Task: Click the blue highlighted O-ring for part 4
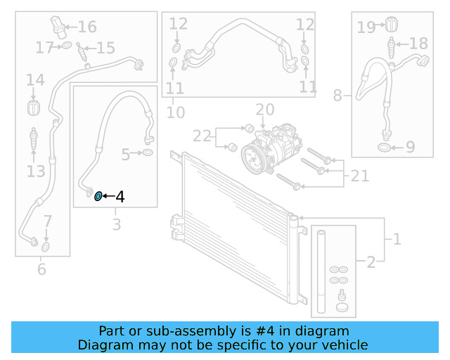pos(98,196)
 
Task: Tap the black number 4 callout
pos(120,197)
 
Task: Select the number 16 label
pos(87,27)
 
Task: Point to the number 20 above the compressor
pos(264,110)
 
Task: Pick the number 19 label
pos(366,27)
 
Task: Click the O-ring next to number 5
pos(148,153)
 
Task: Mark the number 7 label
pos(47,221)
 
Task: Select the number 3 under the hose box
pos(117,225)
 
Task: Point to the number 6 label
pos(41,269)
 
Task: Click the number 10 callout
pos(176,112)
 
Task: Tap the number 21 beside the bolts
pos(360,176)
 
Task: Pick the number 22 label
pos(202,136)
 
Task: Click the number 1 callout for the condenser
pos(397,239)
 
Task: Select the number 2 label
pos(371,262)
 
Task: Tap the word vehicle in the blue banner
pos(345,345)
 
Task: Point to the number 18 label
pos(418,44)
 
